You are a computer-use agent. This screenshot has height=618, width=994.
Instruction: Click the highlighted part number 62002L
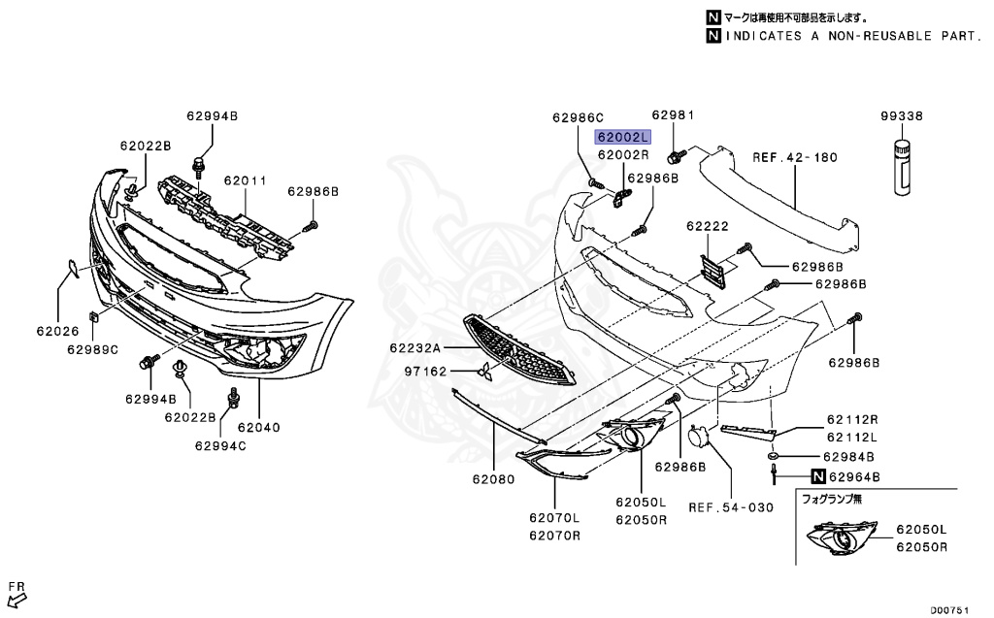(x=622, y=138)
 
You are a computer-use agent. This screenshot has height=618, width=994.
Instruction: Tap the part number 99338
(x=902, y=115)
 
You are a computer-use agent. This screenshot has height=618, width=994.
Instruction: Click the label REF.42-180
(x=795, y=157)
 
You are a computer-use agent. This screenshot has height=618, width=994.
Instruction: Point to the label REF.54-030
(x=731, y=506)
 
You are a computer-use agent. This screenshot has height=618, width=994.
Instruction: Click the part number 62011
(x=245, y=180)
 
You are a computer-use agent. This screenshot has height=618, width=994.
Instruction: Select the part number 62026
(x=57, y=331)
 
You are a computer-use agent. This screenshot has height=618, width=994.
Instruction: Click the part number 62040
(x=258, y=425)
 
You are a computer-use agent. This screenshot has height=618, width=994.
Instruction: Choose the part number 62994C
(x=220, y=446)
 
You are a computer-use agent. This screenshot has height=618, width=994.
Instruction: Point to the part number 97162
(x=425, y=372)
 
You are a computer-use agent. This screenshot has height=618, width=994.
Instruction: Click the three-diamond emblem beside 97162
(x=481, y=372)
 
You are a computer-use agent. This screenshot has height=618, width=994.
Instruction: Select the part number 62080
(x=493, y=478)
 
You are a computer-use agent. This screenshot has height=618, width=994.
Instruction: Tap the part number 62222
(x=707, y=225)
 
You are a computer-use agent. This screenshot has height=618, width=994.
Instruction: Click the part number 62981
(x=674, y=114)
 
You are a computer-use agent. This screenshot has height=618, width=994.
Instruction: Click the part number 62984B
(x=849, y=456)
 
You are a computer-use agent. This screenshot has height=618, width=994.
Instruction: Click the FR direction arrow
(x=17, y=590)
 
